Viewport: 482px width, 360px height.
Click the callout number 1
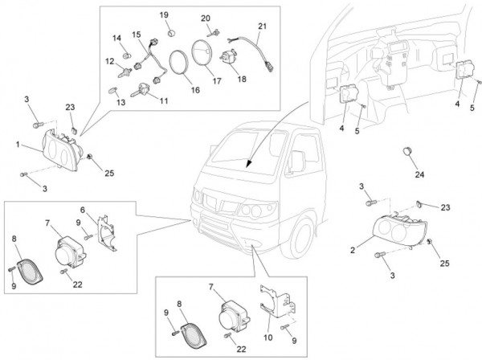pos(17,145)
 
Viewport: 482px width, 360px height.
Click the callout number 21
pos(261,26)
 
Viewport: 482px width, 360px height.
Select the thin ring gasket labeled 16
pos(180,64)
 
